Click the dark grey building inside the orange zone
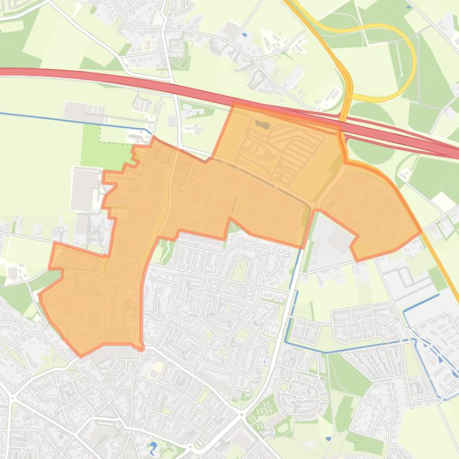pos(262,125)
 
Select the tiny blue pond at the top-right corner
pos(408,7)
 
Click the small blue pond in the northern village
pos(245,34)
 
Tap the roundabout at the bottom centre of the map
pos(241,413)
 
